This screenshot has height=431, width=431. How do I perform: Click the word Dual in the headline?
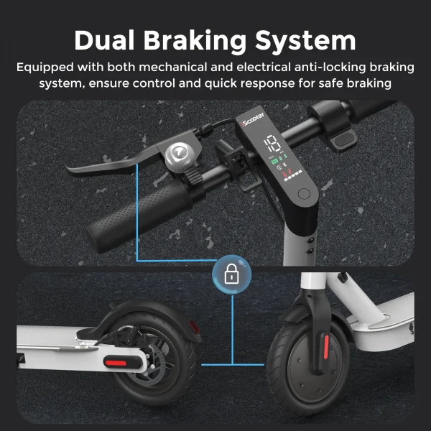pos(104,40)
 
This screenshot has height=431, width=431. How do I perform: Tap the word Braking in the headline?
pos(195,41)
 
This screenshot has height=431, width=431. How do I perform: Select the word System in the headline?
pos(305,42)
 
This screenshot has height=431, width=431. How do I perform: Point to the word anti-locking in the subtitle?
pos(330,67)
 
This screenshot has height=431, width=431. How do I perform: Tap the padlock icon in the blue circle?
pos(231,274)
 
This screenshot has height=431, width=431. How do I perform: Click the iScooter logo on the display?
pos(253,119)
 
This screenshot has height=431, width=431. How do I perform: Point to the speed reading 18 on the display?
pos(272,144)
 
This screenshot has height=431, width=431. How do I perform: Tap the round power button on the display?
pos(304,194)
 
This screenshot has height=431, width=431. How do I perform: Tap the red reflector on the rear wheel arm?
pos(116,363)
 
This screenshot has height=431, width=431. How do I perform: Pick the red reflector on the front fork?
pos(326,347)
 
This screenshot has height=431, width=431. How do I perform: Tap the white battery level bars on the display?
pos(293,176)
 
